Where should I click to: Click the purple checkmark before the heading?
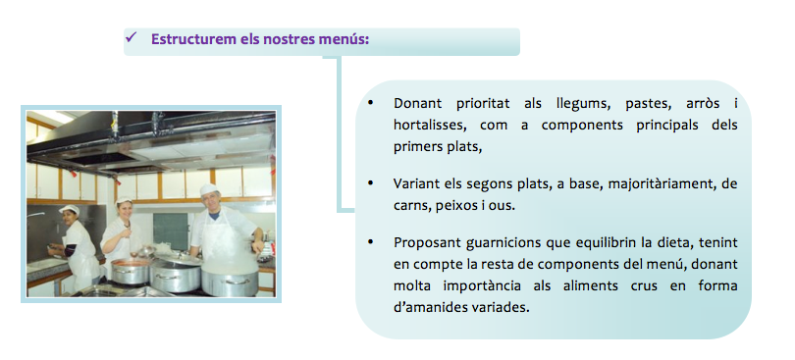pyautogui.click(x=132, y=37)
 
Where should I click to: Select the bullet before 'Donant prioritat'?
pyautogui.click(x=371, y=103)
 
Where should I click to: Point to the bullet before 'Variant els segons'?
pyautogui.click(x=371, y=183)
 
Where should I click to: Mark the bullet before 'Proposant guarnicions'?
pyautogui.click(x=371, y=241)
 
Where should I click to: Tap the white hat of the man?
pyautogui.click(x=208, y=189)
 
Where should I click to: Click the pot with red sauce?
pyautogui.click(x=131, y=271)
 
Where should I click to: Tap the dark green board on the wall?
pyautogui.click(x=171, y=231)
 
